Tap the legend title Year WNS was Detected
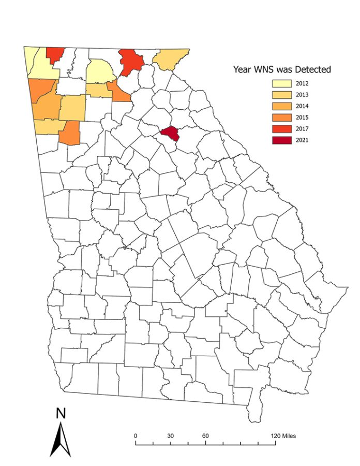pos(282,68)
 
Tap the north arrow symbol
pos(61,440)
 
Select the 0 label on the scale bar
pos(136,435)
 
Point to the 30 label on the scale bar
pos(170,435)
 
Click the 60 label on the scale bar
pos(205,435)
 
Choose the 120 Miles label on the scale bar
pos(283,435)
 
